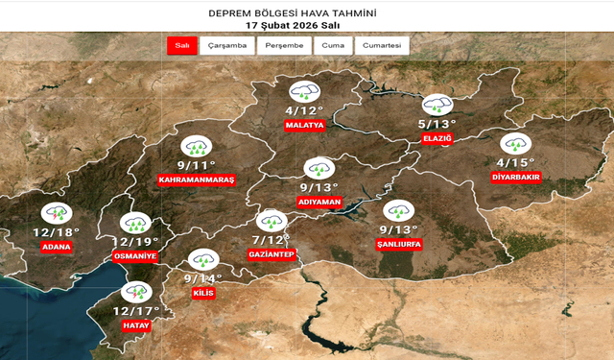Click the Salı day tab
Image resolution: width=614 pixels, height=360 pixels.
click(x=180, y=45)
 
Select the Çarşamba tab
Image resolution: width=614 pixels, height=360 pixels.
click(x=227, y=45)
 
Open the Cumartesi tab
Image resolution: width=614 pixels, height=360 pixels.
click(x=383, y=45)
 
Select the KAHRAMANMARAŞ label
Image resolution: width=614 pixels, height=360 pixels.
click(x=196, y=180)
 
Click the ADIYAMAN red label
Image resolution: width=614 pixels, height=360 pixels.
click(x=320, y=203)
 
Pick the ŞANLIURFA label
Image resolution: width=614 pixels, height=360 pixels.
click(x=399, y=244)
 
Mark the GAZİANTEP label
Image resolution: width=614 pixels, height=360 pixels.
click(x=272, y=254)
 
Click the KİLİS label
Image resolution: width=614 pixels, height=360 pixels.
click(x=202, y=292)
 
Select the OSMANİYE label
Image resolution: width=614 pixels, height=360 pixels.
click(x=134, y=257)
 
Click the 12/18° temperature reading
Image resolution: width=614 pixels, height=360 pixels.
click(x=56, y=232)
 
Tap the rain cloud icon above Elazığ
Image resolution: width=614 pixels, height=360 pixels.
click(x=437, y=104)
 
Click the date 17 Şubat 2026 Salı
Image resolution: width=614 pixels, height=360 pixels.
click(x=307, y=25)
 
